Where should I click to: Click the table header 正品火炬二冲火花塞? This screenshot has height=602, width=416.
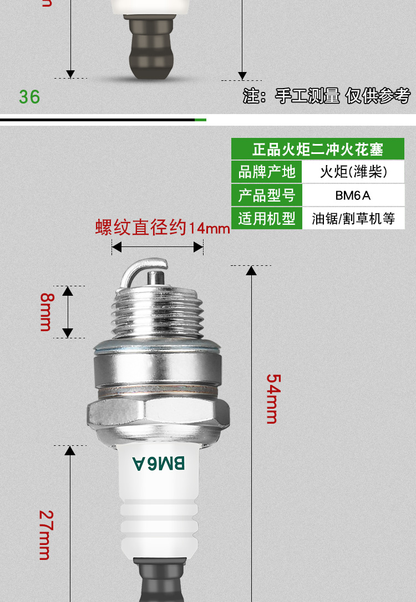(x=318, y=149)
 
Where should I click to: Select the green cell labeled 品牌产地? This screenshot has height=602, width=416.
(x=266, y=172)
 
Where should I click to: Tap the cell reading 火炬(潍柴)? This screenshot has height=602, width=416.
(x=353, y=172)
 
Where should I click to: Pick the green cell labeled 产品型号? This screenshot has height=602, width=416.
(x=266, y=195)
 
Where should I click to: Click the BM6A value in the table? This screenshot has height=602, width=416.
(x=353, y=195)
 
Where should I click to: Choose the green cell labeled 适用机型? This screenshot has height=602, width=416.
(x=266, y=218)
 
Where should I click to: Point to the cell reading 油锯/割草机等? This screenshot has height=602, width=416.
(x=353, y=218)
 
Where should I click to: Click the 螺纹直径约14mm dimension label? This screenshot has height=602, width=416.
(x=162, y=228)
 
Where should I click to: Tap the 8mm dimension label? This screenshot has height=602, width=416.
(x=46, y=311)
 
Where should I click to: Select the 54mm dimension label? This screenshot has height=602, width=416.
(x=273, y=399)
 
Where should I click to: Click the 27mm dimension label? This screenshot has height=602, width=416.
(x=45, y=534)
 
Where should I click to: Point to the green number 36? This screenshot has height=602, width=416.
(x=29, y=97)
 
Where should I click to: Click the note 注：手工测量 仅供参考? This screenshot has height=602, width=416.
(x=327, y=96)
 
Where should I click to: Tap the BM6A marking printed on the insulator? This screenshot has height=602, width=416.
(x=159, y=463)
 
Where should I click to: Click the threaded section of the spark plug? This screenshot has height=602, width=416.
(x=158, y=313)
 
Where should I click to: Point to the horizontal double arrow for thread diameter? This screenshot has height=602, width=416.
(x=158, y=248)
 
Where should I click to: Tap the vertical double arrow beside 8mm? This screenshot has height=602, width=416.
(x=68, y=311)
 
